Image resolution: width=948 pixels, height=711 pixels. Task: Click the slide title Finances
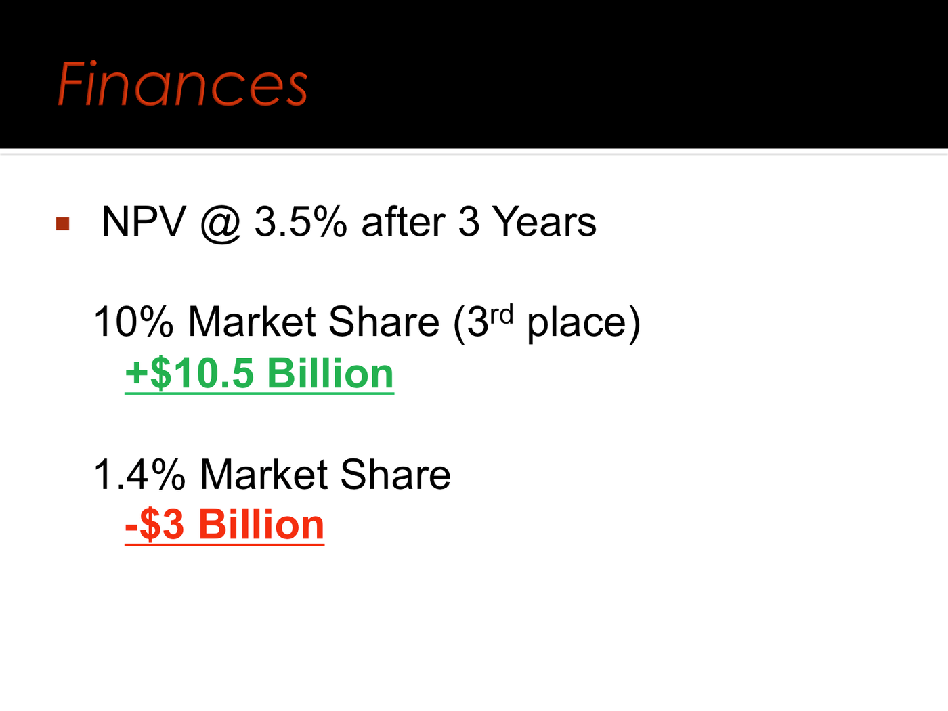click(x=182, y=83)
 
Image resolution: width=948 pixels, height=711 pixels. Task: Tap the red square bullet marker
click(x=62, y=223)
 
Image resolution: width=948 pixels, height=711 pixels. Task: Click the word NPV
click(x=144, y=221)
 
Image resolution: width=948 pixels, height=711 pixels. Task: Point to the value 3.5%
click(x=301, y=221)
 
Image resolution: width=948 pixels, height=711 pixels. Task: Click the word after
click(x=403, y=221)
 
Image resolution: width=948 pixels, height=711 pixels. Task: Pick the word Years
click(x=544, y=221)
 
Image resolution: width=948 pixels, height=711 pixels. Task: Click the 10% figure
click(x=133, y=322)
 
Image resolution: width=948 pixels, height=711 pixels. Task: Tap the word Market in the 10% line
click(x=252, y=322)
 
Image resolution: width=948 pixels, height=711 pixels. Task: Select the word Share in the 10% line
click(x=384, y=322)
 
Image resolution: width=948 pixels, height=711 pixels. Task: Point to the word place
click(x=576, y=324)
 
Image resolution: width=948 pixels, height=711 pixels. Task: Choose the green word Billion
click(x=330, y=373)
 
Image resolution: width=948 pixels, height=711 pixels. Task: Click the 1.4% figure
click(x=139, y=475)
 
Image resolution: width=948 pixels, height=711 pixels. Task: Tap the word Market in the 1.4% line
click(x=264, y=475)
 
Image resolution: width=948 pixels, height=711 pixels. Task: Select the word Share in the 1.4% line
click(x=395, y=475)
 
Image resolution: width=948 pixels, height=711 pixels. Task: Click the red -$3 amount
click(x=154, y=525)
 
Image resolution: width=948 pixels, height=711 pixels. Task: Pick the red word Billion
click(x=261, y=525)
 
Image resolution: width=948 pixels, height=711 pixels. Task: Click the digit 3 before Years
click(x=469, y=221)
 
